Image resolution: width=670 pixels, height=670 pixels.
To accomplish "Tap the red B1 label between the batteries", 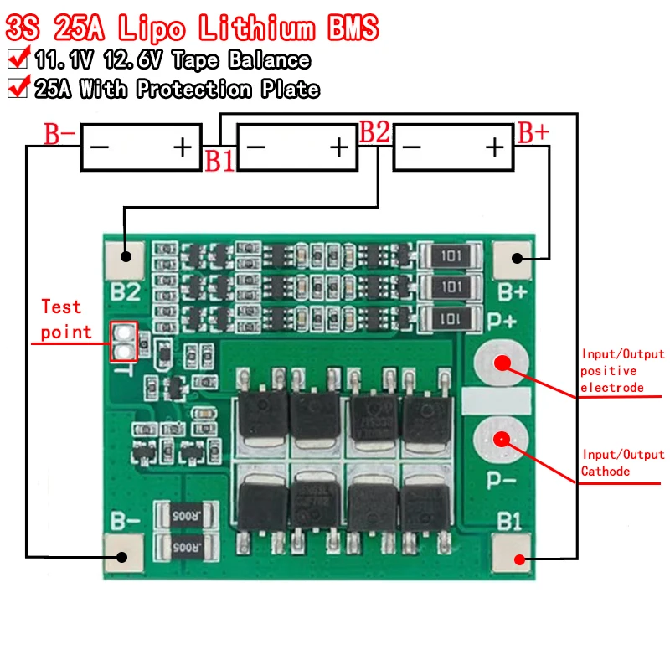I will tap(220, 161).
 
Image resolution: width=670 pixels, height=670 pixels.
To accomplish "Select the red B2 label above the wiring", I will tap(374, 132).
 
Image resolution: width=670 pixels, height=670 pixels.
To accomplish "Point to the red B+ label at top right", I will tap(533, 132).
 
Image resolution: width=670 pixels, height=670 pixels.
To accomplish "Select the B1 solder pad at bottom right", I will tap(518, 559).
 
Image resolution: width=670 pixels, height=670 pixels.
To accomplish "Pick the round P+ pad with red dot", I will tap(501, 363).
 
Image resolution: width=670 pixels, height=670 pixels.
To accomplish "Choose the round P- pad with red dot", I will tap(501, 439).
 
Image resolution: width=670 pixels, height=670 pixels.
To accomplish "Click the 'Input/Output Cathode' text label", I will tap(622, 462).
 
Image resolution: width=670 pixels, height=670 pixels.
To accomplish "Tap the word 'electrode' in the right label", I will tap(612, 387).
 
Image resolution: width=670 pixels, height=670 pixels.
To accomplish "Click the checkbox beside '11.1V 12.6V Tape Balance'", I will tap(16, 59).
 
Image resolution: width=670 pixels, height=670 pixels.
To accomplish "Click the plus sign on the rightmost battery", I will tap(495, 147).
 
